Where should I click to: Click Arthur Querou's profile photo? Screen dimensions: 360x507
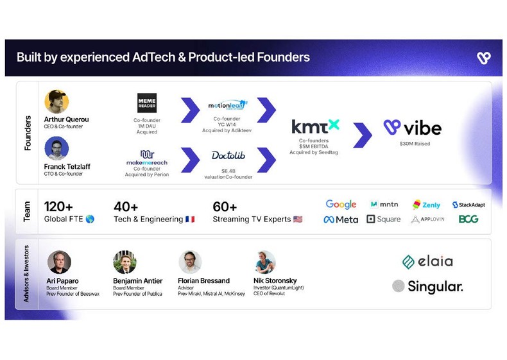[56, 101]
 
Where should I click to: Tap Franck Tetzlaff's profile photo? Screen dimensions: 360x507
[56, 149]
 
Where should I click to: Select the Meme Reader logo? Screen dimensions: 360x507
[147, 103]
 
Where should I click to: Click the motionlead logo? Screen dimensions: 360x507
[228, 105]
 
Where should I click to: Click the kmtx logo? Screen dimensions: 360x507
[315, 126]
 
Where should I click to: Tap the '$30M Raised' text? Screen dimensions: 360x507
[415, 144]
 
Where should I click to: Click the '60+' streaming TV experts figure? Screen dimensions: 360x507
[225, 207]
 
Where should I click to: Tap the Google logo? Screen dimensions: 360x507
[341, 205]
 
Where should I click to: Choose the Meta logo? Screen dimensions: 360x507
[341, 219]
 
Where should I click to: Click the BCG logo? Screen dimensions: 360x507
[468, 219]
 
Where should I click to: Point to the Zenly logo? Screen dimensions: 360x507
[426, 205]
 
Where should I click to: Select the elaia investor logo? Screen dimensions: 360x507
[427, 261]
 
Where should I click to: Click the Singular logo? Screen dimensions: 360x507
[427, 286]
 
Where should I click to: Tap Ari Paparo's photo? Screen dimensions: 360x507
[59, 262]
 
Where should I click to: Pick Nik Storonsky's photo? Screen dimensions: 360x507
[265, 262]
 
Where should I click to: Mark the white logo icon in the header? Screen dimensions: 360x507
[483, 58]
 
